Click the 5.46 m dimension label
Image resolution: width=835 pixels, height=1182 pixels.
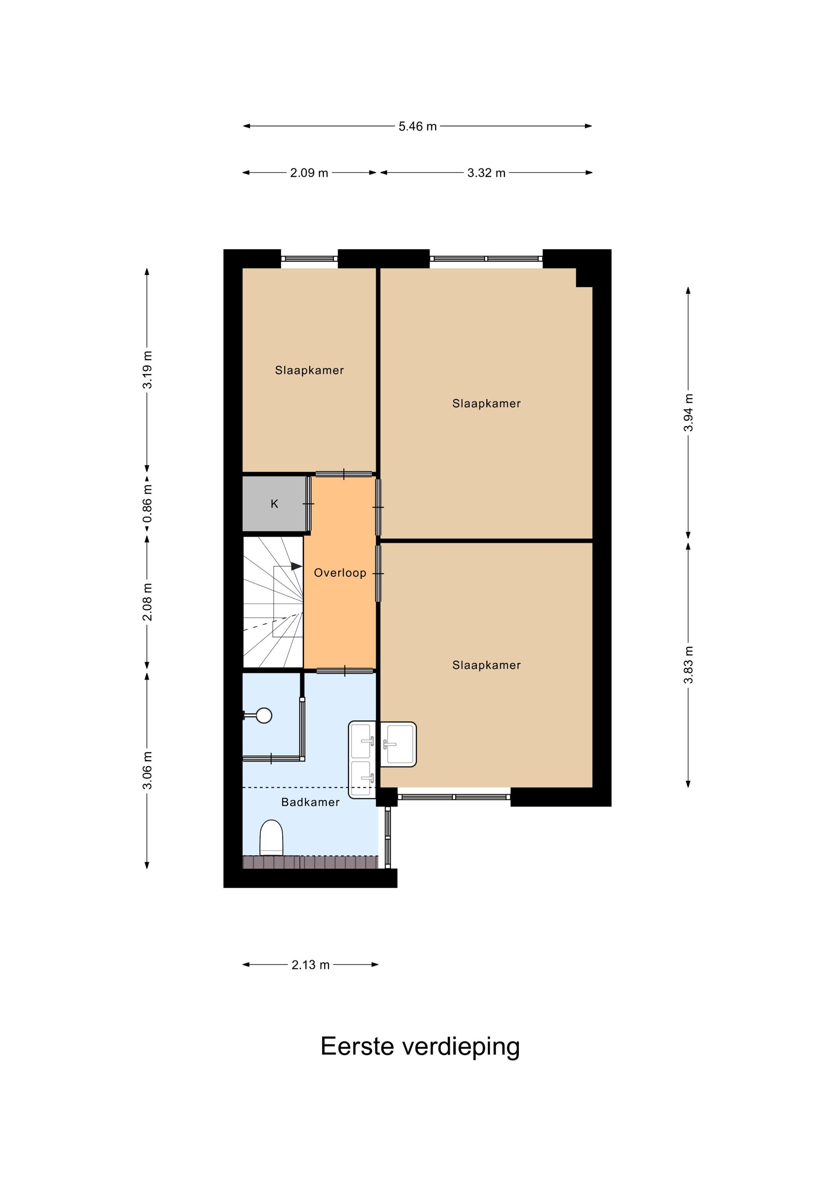(x=417, y=126)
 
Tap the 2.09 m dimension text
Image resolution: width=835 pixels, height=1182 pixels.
(x=309, y=173)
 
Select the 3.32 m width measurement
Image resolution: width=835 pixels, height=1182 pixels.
(x=486, y=173)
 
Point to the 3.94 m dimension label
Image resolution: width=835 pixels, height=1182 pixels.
(x=689, y=413)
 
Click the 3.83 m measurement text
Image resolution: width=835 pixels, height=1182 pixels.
(x=689, y=665)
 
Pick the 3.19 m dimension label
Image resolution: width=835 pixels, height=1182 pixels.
(x=147, y=370)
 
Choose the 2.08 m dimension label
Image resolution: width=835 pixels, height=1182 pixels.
(x=147, y=602)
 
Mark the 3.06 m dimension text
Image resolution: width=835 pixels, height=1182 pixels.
(x=147, y=770)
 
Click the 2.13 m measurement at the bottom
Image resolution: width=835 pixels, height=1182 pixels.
(x=310, y=965)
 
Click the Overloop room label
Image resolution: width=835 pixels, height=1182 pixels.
(x=340, y=573)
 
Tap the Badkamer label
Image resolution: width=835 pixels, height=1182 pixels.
(x=310, y=802)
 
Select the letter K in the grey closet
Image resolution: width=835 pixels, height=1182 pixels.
(x=274, y=504)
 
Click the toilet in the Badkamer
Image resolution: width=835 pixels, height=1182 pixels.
(x=271, y=838)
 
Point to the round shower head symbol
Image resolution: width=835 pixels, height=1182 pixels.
(x=264, y=715)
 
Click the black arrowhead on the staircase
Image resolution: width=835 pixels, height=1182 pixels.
(x=297, y=566)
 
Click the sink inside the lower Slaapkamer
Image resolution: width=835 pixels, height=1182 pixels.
(x=398, y=744)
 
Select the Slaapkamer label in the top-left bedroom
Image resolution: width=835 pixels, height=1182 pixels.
(x=309, y=370)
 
